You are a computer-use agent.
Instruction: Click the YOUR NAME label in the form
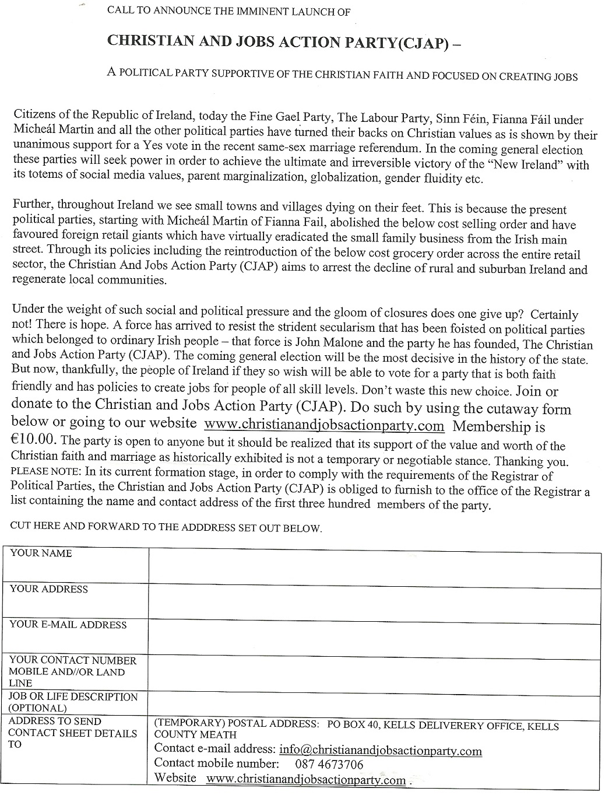click(41, 554)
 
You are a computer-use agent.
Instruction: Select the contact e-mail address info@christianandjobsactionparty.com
click(381, 751)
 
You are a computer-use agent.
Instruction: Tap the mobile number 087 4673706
click(330, 764)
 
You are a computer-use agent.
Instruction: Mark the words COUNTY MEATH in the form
click(195, 735)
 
